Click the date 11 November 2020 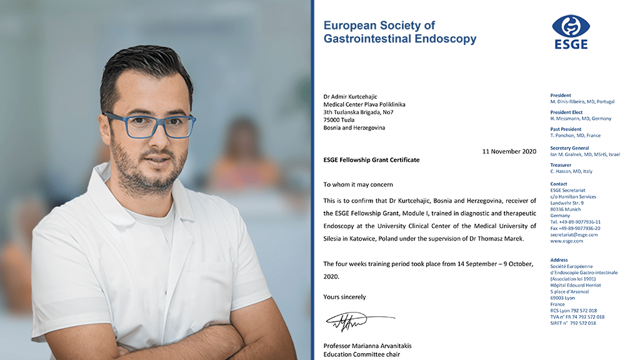tap(509, 151)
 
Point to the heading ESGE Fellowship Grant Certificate tap(371, 160)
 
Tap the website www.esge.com tap(566, 241)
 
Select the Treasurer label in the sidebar tap(561, 165)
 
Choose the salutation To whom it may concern tap(358, 184)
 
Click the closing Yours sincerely tap(344, 297)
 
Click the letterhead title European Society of tap(379, 26)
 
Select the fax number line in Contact tap(575, 228)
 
